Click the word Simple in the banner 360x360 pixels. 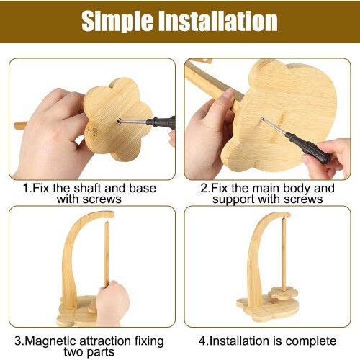tap(117, 22)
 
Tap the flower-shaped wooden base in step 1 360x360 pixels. tap(118, 120)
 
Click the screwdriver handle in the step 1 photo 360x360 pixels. tap(161, 122)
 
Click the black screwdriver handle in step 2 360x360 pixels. tap(308, 148)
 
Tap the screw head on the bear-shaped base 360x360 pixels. tap(263, 119)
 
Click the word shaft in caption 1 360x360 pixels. tap(88, 188)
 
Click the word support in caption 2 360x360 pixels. tap(233, 200)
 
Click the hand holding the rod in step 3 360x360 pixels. tap(112, 303)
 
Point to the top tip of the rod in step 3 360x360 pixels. tap(107, 222)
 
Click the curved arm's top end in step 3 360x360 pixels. tap(111, 215)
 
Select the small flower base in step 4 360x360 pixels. tap(283, 293)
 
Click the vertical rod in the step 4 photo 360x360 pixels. tap(284, 254)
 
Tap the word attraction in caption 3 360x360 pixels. tap(104, 341)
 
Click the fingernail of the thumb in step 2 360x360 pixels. tap(228, 94)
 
